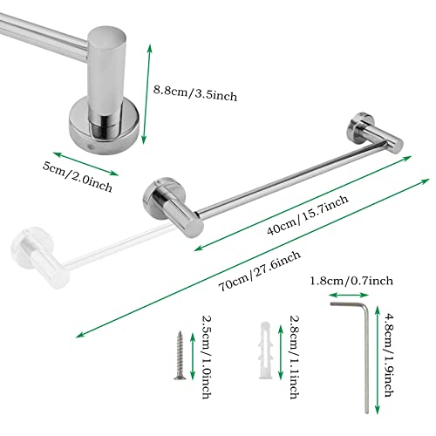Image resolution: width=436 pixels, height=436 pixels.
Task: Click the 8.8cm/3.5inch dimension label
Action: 195,93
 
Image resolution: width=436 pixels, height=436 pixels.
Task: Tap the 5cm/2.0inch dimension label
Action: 78,177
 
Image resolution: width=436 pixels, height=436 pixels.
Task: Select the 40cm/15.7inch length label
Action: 308,215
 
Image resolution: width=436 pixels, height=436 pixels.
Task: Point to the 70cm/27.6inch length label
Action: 260,270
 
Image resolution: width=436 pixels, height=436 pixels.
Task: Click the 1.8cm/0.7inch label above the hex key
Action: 351,281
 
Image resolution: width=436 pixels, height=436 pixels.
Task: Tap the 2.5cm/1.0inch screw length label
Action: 207,358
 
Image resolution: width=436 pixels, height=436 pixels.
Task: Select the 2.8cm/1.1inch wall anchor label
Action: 294,358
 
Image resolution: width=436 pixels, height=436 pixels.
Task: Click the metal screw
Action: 180,355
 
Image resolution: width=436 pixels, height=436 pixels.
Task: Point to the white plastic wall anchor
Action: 266,351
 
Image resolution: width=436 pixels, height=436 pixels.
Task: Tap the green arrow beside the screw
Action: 193,357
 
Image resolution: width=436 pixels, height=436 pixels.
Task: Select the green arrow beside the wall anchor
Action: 281,352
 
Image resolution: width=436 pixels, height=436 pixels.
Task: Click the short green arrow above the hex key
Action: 349,296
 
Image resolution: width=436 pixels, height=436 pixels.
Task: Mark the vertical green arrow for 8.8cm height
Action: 146,94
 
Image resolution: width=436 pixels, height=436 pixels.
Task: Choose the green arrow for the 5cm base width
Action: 85,164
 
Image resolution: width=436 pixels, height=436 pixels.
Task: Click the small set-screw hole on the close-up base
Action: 91,146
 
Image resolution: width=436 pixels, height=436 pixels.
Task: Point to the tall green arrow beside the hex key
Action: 378,359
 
